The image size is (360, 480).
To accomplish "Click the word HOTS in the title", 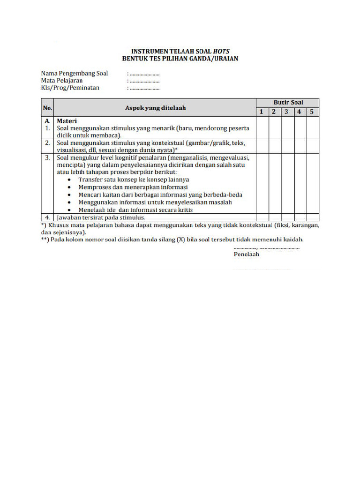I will tap(220, 51).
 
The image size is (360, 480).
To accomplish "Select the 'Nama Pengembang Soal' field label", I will tap(75, 73).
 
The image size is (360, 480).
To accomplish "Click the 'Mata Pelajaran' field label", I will tap(62, 81).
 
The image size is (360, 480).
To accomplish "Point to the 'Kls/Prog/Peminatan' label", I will tap(70, 88).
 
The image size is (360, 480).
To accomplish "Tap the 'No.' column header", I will tap(47, 107).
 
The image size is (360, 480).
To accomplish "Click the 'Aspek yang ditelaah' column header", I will tap(155, 107).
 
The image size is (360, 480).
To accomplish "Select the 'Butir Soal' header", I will tap(288, 102).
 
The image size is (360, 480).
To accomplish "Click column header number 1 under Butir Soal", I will tap(262, 112).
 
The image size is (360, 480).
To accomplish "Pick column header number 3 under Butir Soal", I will tap(287, 112).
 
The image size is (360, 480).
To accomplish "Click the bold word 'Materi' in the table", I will tap(67, 120).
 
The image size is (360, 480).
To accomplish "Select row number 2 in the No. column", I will tap(47, 143).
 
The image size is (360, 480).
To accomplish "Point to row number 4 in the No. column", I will tap(47, 217).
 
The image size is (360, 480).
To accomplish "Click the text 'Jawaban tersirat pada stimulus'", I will tap(101, 217).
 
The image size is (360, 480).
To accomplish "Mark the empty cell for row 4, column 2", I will tap(274, 217).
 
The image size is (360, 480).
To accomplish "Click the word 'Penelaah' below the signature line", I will tap(246, 254).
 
